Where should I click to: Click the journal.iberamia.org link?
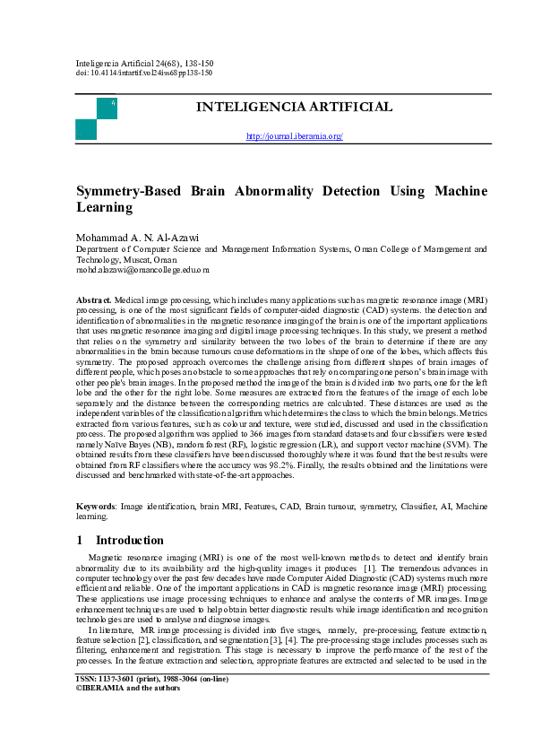point(295,136)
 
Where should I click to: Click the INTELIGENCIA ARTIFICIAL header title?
point(294,108)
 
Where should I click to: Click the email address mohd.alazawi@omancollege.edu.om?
point(142,268)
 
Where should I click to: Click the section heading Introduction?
point(129,540)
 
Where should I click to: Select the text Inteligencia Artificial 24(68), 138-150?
point(144,64)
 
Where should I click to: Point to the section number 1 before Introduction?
point(80,540)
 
